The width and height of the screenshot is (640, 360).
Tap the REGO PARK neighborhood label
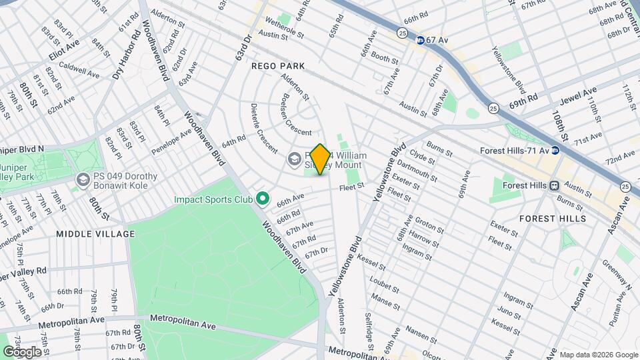tap(278, 66)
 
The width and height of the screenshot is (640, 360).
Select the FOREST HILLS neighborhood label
tap(553, 218)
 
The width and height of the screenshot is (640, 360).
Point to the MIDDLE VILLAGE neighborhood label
tap(95, 234)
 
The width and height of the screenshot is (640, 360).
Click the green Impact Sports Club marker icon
tap(263, 199)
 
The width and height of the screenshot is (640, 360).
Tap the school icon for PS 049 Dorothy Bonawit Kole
tap(83, 180)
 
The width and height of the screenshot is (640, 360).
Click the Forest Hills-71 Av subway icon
tap(555, 150)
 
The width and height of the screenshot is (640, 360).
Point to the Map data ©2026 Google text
tap(598, 355)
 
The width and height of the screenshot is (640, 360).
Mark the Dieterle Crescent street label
tap(264, 126)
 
